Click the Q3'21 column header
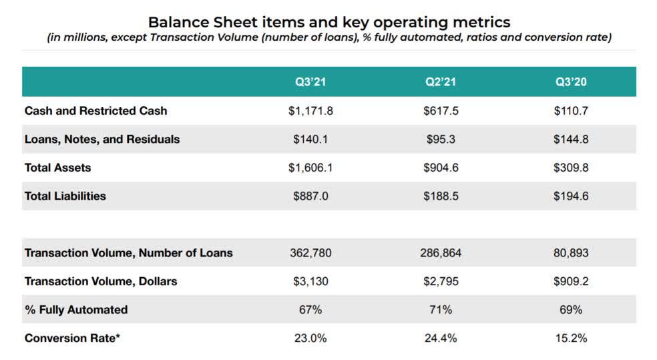click(x=310, y=82)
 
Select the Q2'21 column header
click(x=441, y=82)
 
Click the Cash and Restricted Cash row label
click(x=95, y=111)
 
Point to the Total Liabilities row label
click(x=65, y=196)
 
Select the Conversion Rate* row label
click(x=73, y=338)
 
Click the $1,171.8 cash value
click(x=310, y=111)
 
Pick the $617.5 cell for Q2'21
click(x=441, y=111)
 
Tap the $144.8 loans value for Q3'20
click(x=571, y=140)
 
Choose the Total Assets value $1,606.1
click(x=310, y=168)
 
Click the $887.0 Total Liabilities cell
click(x=310, y=196)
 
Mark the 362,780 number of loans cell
click(x=310, y=253)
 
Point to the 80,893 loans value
click(x=571, y=253)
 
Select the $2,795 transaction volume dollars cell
click(x=441, y=281)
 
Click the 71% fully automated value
click(x=441, y=310)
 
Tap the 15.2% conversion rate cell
click(x=571, y=338)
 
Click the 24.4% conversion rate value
click(x=441, y=338)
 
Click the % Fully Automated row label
click(x=76, y=310)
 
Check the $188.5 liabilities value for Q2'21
click(x=441, y=196)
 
